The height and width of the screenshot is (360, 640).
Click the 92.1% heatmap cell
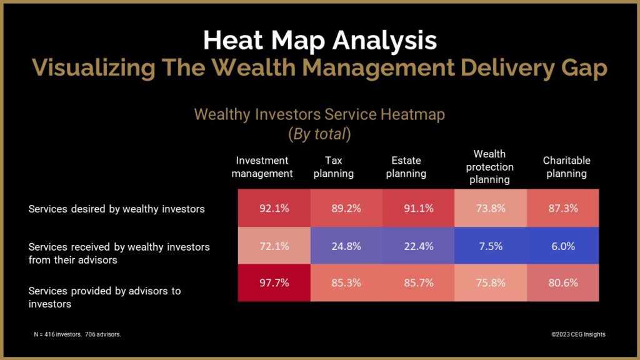[274, 209]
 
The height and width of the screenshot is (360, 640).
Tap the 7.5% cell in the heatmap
[490, 246]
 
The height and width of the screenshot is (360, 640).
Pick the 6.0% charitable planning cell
[562, 246]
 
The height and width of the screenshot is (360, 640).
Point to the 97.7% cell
[274, 283]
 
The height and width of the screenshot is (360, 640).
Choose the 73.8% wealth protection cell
[490, 209]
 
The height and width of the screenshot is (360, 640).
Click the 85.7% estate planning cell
[418, 283]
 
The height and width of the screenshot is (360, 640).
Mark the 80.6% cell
[562, 283]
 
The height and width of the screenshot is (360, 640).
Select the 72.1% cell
[274, 246]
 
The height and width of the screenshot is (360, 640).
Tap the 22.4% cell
[418, 246]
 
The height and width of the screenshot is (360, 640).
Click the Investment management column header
[262, 167]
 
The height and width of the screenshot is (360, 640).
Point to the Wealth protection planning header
[489, 167]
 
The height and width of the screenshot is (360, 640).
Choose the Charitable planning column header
[566, 167]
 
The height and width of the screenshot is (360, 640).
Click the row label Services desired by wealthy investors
[117, 209]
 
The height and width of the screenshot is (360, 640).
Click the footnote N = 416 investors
[77, 334]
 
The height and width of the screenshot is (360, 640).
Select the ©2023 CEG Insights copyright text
[578, 334]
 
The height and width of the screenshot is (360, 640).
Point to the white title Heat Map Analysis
[319, 41]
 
